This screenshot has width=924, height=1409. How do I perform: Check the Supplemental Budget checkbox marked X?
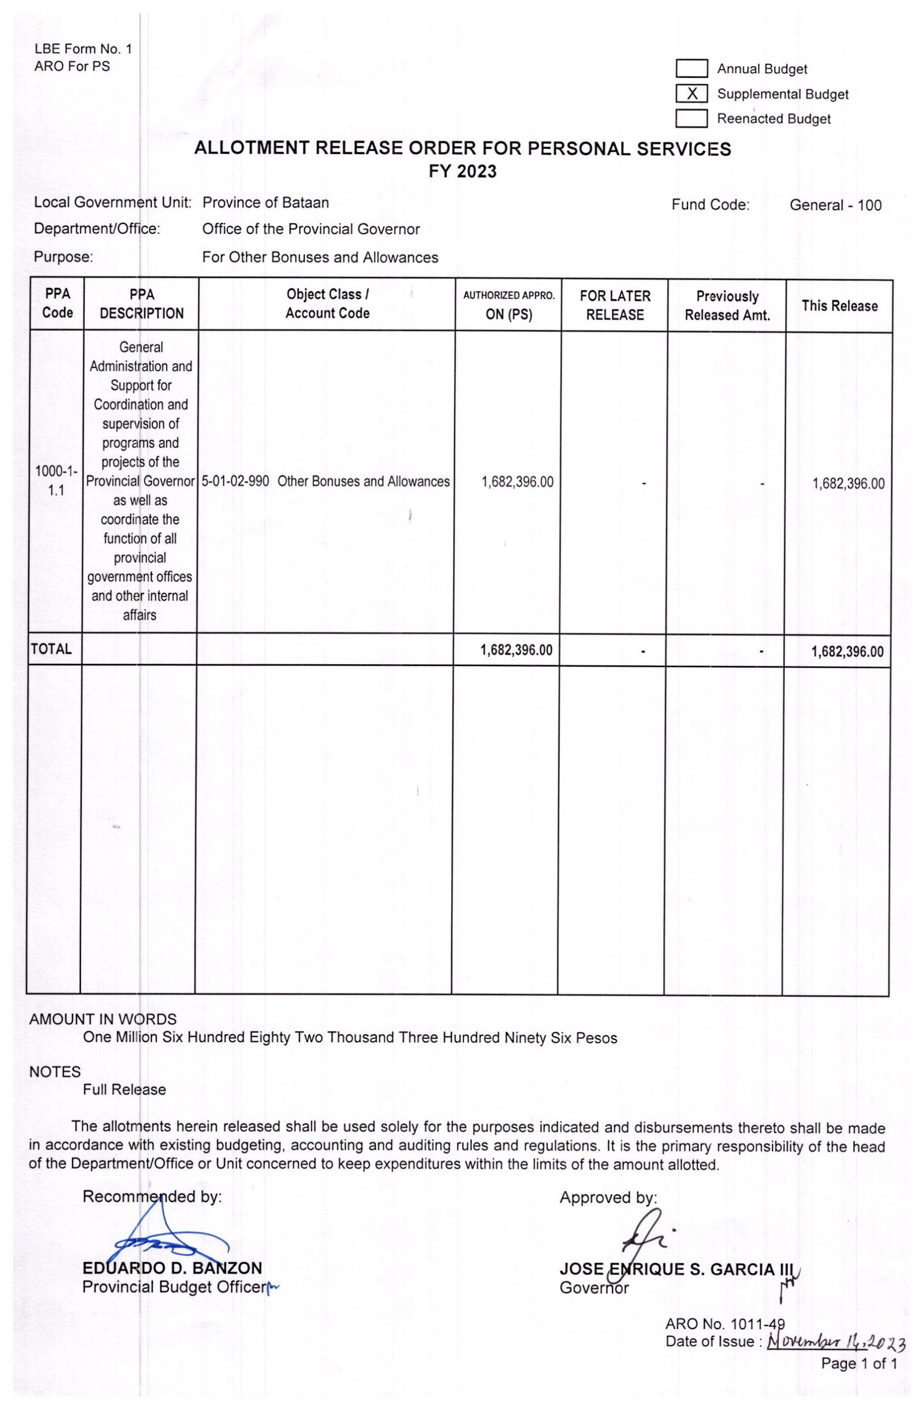tap(691, 94)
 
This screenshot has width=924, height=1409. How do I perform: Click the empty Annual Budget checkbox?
tap(691, 69)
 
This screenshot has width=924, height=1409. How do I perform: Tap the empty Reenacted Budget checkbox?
tap(691, 118)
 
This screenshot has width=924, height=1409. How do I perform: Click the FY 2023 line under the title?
tap(462, 172)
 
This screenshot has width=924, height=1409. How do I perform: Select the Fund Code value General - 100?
tap(835, 205)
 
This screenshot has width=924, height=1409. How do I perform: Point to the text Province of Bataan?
tap(265, 203)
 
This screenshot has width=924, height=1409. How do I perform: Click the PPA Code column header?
tap(57, 303)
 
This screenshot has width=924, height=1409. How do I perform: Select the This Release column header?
tap(839, 305)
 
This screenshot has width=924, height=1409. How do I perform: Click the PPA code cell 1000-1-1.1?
tap(56, 480)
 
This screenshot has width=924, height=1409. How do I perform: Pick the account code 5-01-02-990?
tap(235, 481)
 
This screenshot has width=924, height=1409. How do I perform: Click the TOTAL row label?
tap(51, 649)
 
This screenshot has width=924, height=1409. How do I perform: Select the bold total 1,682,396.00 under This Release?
tap(846, 651)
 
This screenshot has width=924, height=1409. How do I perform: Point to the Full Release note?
tap(124, 1089)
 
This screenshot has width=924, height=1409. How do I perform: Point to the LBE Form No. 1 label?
tap(83, 49)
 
